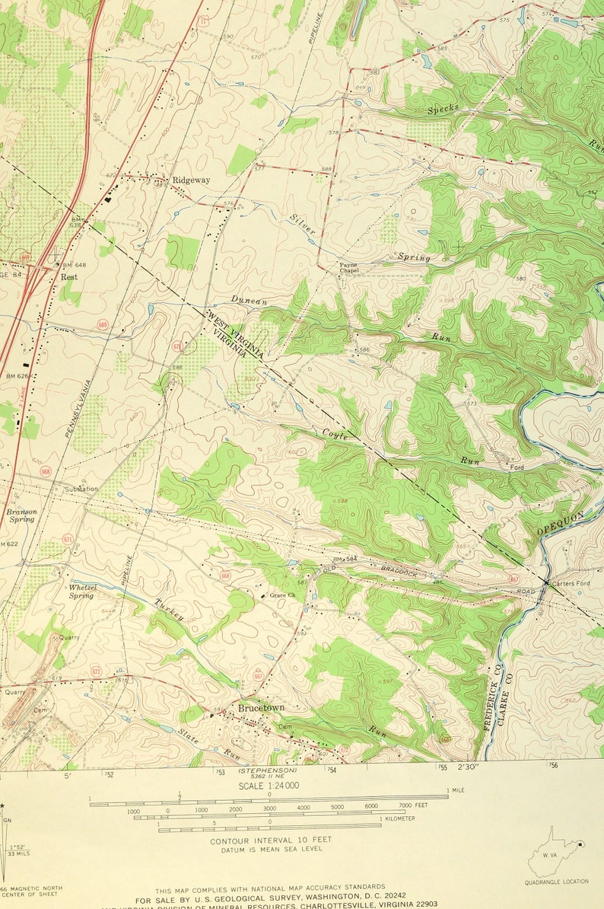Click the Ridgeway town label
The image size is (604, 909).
point(191,180)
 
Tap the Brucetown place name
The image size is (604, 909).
point(261,707)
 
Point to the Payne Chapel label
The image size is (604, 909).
point(348,267)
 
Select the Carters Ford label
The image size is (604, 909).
point(571,583)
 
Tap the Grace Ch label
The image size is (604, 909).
point(282,595)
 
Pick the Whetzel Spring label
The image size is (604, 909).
point(81,592)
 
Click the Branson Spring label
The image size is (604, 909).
point(21,516)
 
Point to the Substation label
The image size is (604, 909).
point(81,489)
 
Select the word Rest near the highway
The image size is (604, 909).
point(69,277)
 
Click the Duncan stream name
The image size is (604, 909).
point(250,301)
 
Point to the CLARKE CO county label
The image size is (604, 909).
point(506,694)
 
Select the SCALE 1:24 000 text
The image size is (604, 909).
point(269,786)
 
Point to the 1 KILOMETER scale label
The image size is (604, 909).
point(399,818)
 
